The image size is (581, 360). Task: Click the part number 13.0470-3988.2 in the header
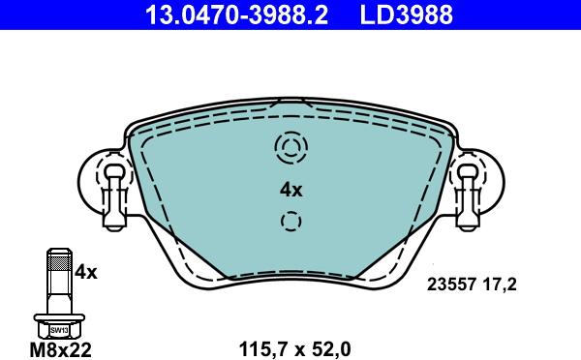pyautogui.click(x=237, y=15)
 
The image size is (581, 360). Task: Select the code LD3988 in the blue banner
pyautogui.click(x=406, y=15)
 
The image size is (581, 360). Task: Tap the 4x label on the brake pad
pyautogui.click(x=291, y=190)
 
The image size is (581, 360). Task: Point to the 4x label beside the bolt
pyautogui.click(x=85, y=273)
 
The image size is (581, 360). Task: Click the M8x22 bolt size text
pyautogui.click(x=60, y=349)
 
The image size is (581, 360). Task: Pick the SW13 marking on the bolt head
pyautogui.click(x=59, y=330)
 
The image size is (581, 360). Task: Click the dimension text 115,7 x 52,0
pyautogui.click(x=295, y=349)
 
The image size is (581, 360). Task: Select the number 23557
pyautogui.click(x=451, y=285)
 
